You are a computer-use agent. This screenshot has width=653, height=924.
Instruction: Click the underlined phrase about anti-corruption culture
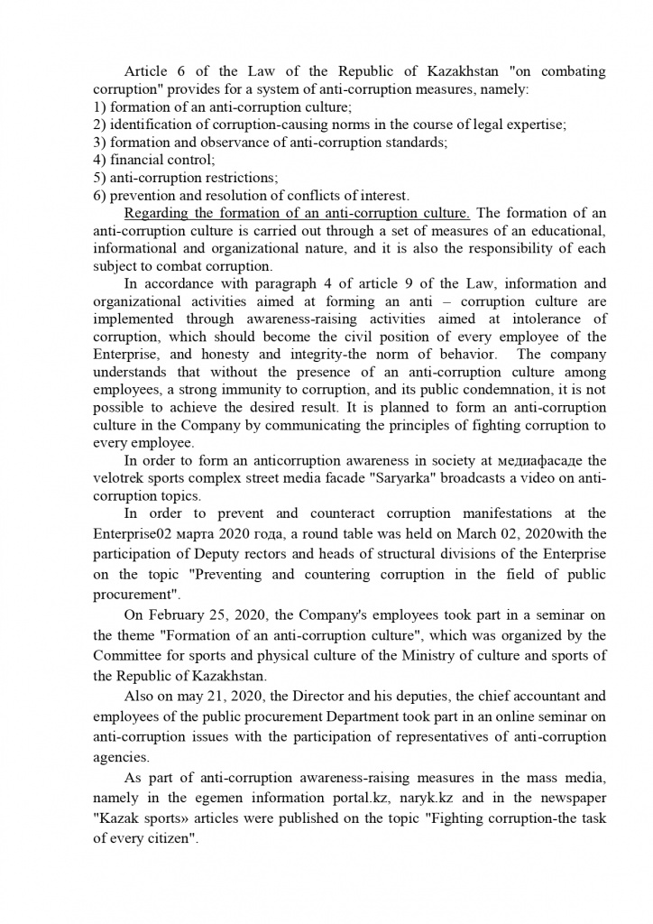tap(297, 213)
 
